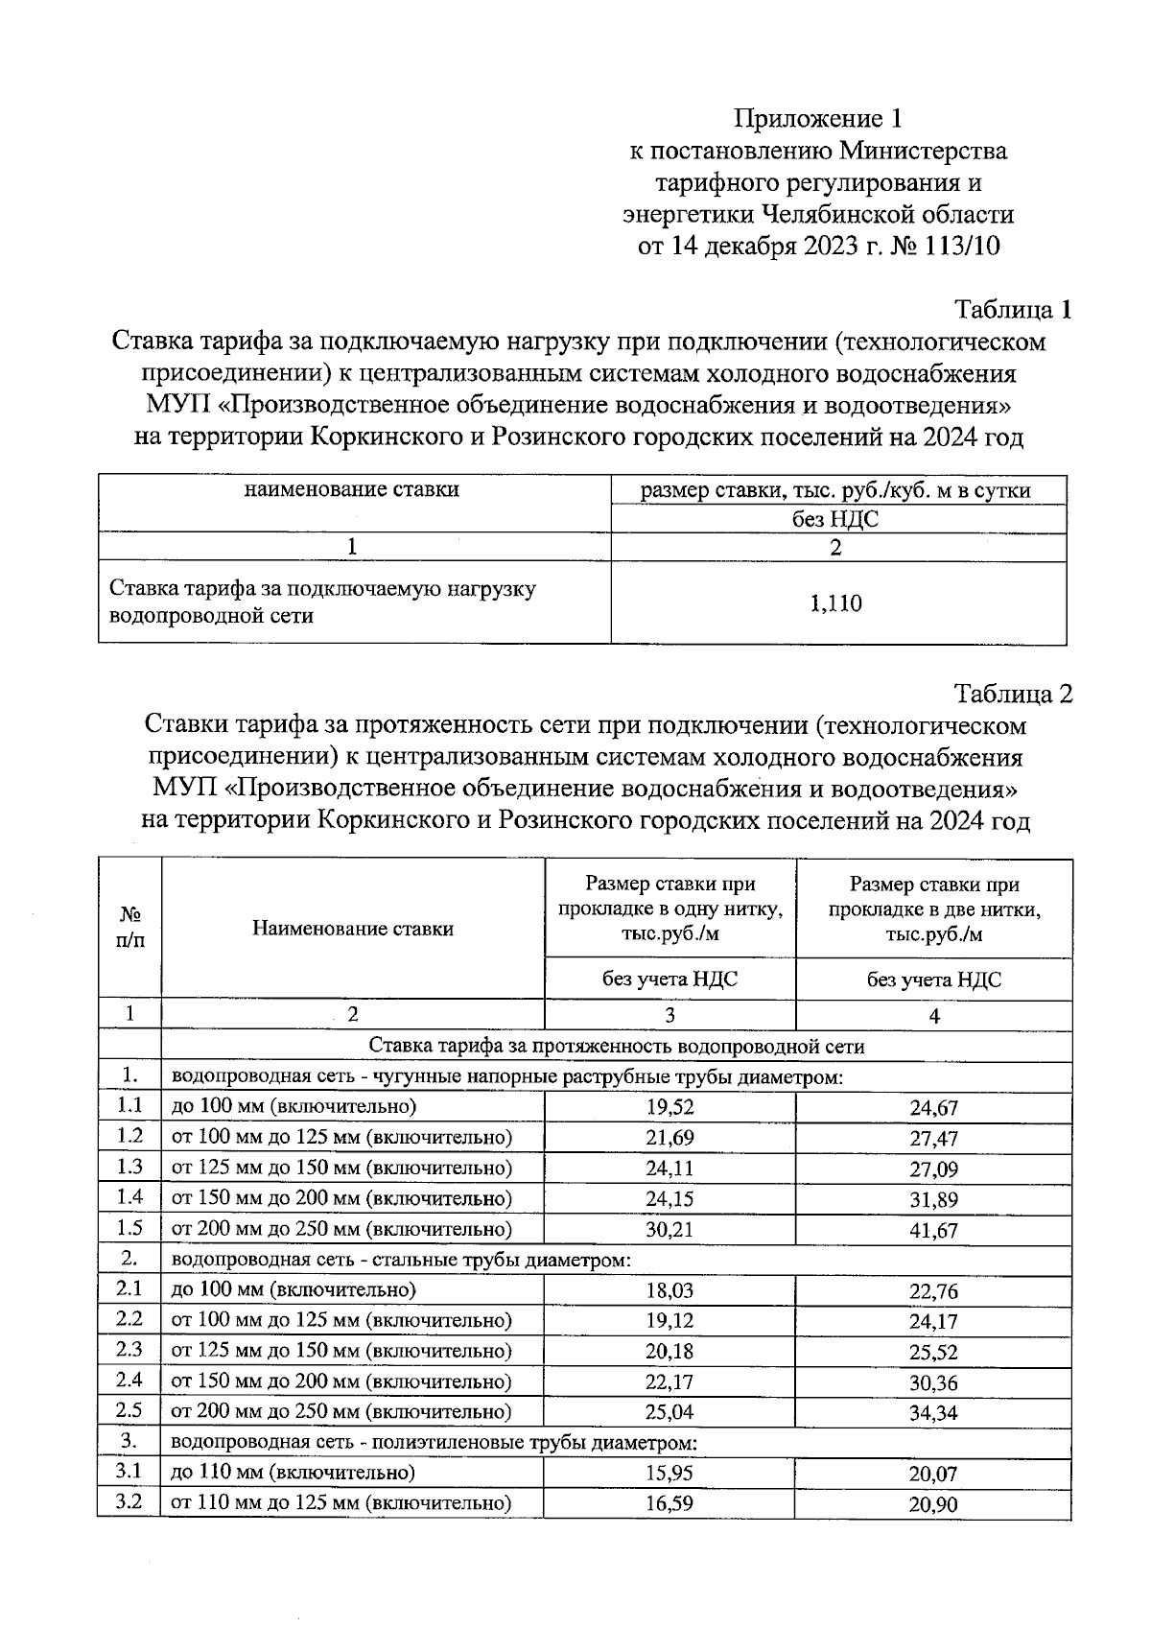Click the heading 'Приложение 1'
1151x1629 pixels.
coord(818,119)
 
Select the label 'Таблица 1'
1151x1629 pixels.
coord(1012,310)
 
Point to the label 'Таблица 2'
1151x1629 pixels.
coord(1012,694)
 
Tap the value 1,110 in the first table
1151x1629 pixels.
coord(835,603)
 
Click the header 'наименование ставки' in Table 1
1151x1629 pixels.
coord(352,489)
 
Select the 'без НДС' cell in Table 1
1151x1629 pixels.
coord(835,520)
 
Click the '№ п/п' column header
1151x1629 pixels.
coord(129,928)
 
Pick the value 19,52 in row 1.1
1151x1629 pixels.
coord(669,1107)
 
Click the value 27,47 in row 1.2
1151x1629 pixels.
coord(933,1139)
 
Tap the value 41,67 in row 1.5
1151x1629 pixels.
coord(933,1230)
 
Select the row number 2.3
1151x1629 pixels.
coord(129,1350)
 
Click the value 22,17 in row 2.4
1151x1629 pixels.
coord(669,1381)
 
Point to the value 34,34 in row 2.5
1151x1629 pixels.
coord(933,1413)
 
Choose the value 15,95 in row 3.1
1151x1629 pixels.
coord(669,1473)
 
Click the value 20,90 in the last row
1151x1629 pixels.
coord(933,1505)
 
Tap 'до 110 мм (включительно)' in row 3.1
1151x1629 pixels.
coord(294,1473)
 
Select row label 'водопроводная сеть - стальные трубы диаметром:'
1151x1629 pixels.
coord(401,1260)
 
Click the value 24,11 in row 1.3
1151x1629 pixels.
coord(669,1169)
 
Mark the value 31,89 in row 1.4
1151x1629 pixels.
coord(933,1200)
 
